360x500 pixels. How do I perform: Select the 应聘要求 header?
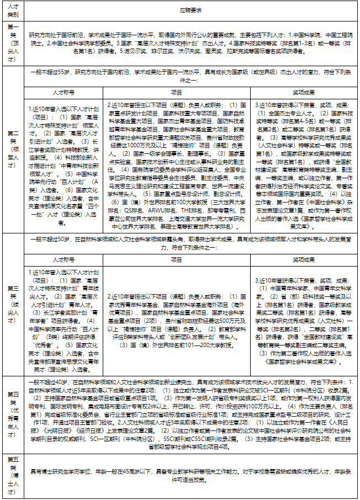point(191,10)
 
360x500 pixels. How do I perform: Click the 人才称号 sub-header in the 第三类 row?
point(64,259)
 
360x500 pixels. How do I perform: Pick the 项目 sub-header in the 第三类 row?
point(177,259)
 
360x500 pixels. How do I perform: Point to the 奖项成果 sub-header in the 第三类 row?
point(303,259)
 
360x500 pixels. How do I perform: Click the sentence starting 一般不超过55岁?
point(191,76)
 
